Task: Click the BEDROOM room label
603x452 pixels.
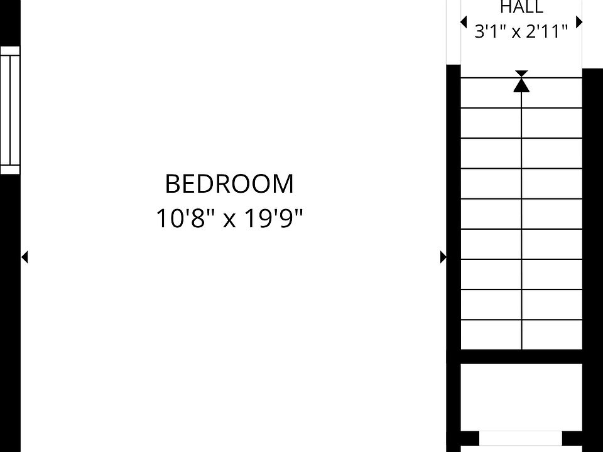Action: pyautogui.click(x=229, y=184)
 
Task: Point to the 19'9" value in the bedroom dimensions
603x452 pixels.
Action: pyautogui.click(x=273, y=218)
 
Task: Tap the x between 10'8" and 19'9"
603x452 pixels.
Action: pyautogui.click(x=229, y=221)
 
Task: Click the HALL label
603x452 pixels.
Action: pyautogui.click(x=521, y=8)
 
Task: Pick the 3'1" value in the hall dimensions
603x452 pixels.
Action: pyautogui.click(x=491, y=31)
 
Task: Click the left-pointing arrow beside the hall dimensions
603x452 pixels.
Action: pyautogui.click(x=464, y=22)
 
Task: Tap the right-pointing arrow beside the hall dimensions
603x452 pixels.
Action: pyautogui.click(x=579, y=23)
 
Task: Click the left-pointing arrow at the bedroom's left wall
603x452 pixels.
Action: pyautogui.click(x=24, y=257)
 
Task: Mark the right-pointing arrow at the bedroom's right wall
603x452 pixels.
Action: pyautogui.click(x=443, y=257)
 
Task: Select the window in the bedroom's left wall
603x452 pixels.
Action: pyautogui.click(x=10, y=110)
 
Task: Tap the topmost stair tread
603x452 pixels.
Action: pyautogui.click(x=521, y=93)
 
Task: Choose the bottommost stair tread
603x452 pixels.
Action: pyautogui.click(x=521, y=335)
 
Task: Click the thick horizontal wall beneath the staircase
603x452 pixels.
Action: pyautogui.click(x=521, y=357)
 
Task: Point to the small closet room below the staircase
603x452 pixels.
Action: pyautogui.click(x=521, y=397)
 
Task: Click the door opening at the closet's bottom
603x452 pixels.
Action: pyautogui.click(x=521, y=438)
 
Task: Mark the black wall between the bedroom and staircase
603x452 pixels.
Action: pyautogui.click(x=454, y=258)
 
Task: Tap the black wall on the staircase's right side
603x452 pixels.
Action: pyautogui.click(x=592, y=260)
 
